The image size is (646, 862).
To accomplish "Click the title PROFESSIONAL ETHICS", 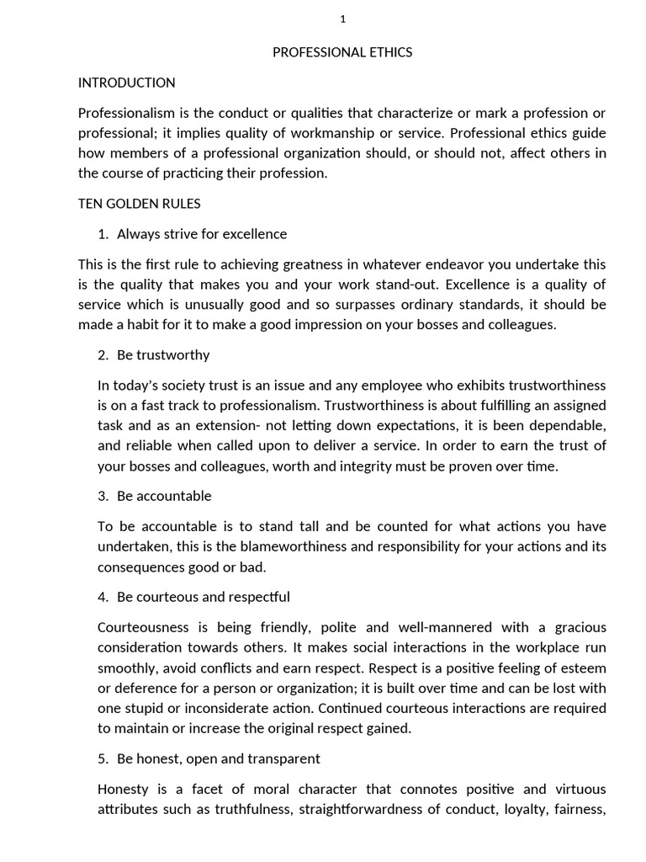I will [x=342, y=52].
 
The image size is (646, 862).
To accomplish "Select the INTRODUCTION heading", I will [x=126, y=82].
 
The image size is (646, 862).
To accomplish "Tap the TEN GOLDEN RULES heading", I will [x=139, y=204].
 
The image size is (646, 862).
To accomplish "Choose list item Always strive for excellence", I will [x=201, y=234].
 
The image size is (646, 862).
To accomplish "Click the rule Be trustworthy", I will [x=163, y=355].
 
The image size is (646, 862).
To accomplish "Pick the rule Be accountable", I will [x=164, y=496].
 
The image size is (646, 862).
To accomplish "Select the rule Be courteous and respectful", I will [x=203, y=597].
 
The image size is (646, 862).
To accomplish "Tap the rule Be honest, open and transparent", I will [x=218, y=758].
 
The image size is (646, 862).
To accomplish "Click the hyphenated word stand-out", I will [x=384, y=285].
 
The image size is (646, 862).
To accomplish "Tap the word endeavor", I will [x=445, y=264].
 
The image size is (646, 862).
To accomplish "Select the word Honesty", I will [x=123, y=790].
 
